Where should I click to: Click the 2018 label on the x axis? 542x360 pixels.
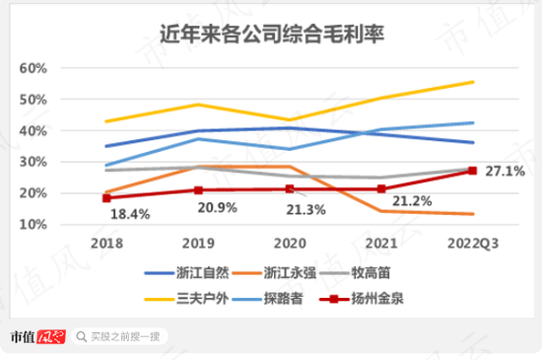point(106,242)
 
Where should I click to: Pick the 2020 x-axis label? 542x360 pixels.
point(290,242)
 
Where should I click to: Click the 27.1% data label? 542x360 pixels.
point(504,170)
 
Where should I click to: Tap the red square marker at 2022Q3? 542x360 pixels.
point(472,171)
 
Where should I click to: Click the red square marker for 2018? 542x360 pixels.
point(106,198)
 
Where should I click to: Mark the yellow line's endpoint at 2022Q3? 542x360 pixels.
point(473,82)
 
